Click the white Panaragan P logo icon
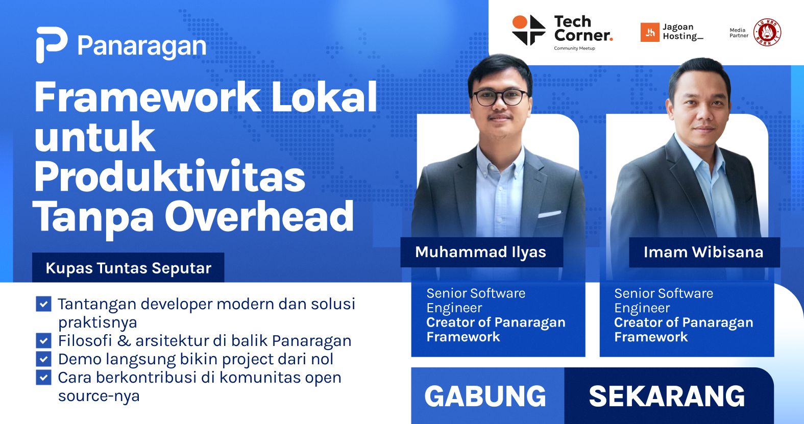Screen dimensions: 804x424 pos(51,44)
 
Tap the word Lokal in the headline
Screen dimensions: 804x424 pos(324,97)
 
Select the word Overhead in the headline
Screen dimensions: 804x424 pos(259,217)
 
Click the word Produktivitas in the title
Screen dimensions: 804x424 pos(169,177)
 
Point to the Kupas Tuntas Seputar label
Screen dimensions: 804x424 pos(128,268)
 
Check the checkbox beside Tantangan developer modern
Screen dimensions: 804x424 pos(43,304)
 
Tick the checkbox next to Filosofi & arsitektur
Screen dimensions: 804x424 pos(43,340)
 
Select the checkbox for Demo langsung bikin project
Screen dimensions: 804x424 pos(43,359)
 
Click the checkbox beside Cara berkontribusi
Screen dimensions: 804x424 pos(43,378)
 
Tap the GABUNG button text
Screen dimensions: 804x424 pos(485,396)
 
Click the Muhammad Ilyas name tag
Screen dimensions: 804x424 pos(481,252)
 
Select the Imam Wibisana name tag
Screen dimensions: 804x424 pos(704,252)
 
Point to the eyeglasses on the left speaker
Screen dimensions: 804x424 pos(500,97)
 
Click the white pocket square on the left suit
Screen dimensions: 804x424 pos(549,214)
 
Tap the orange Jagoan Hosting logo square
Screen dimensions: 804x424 pos(650,32)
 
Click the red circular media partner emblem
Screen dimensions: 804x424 pos(767,32)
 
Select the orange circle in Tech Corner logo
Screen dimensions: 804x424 pos(519,22)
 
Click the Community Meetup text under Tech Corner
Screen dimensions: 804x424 pos(574,48)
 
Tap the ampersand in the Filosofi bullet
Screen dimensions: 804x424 pos(124,341)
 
